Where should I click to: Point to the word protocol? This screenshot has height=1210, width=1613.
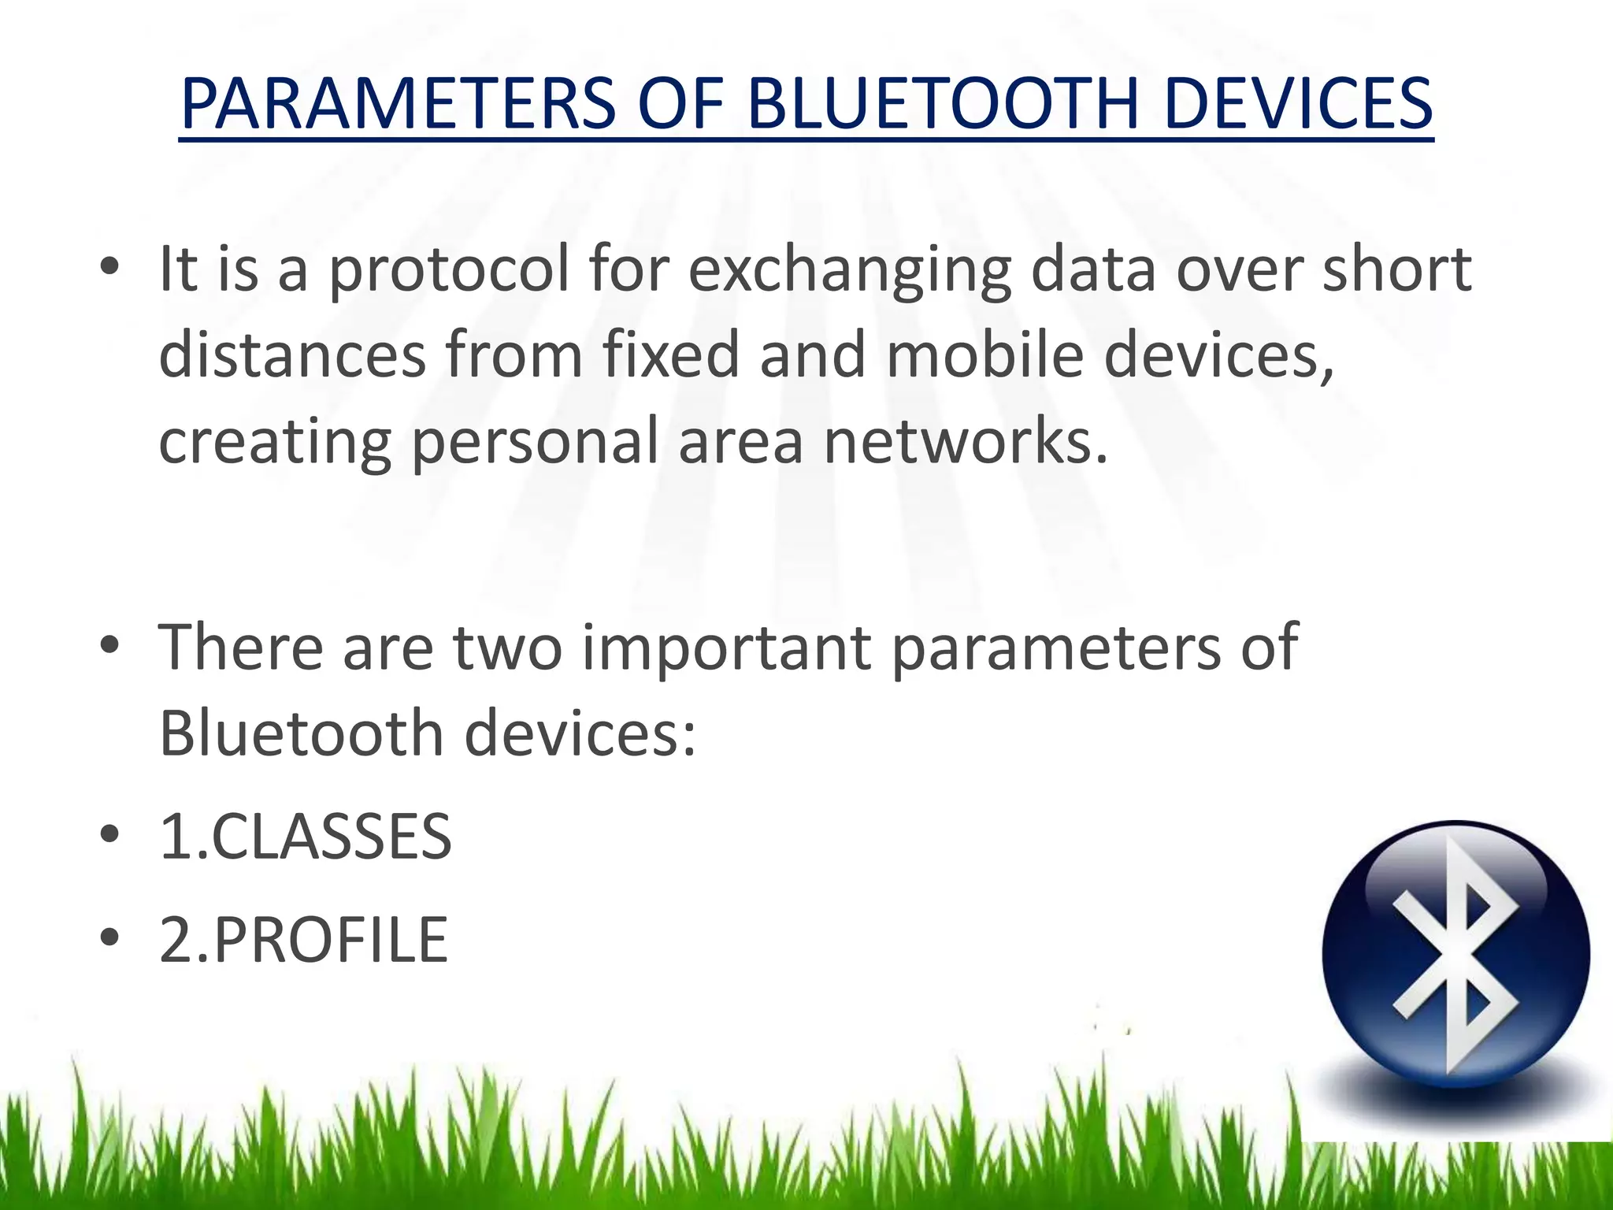click(447, 270)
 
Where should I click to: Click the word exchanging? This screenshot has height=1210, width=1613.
click(849, 270)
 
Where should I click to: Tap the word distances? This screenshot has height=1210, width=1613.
click(292, 354)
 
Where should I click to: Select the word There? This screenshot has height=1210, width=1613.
click(241, 648)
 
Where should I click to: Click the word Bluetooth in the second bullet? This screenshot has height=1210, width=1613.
click(301, 733)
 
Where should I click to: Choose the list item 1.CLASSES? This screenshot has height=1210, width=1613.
click(306, 837)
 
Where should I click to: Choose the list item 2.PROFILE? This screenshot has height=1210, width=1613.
click(303, 940)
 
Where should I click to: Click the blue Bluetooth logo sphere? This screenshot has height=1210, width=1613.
click(1455, 955)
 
